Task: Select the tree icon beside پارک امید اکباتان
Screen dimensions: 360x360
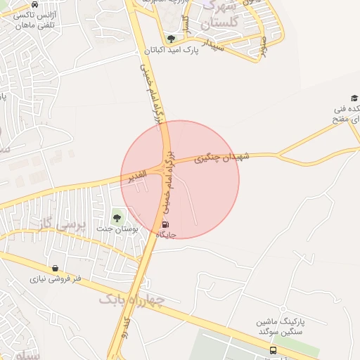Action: [171, 39]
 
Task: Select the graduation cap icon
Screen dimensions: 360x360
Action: [354, 98]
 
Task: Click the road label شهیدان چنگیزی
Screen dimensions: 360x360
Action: [221, 159]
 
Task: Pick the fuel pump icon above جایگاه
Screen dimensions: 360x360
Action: [165, 225]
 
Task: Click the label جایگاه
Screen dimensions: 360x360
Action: [168, 235]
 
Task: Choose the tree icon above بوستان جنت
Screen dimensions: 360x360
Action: [117, 217]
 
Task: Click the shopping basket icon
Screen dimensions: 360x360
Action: [56, 268]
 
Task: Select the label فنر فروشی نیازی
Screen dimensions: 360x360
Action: [56, 278]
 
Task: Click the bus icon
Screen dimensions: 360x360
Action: [273, 349]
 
